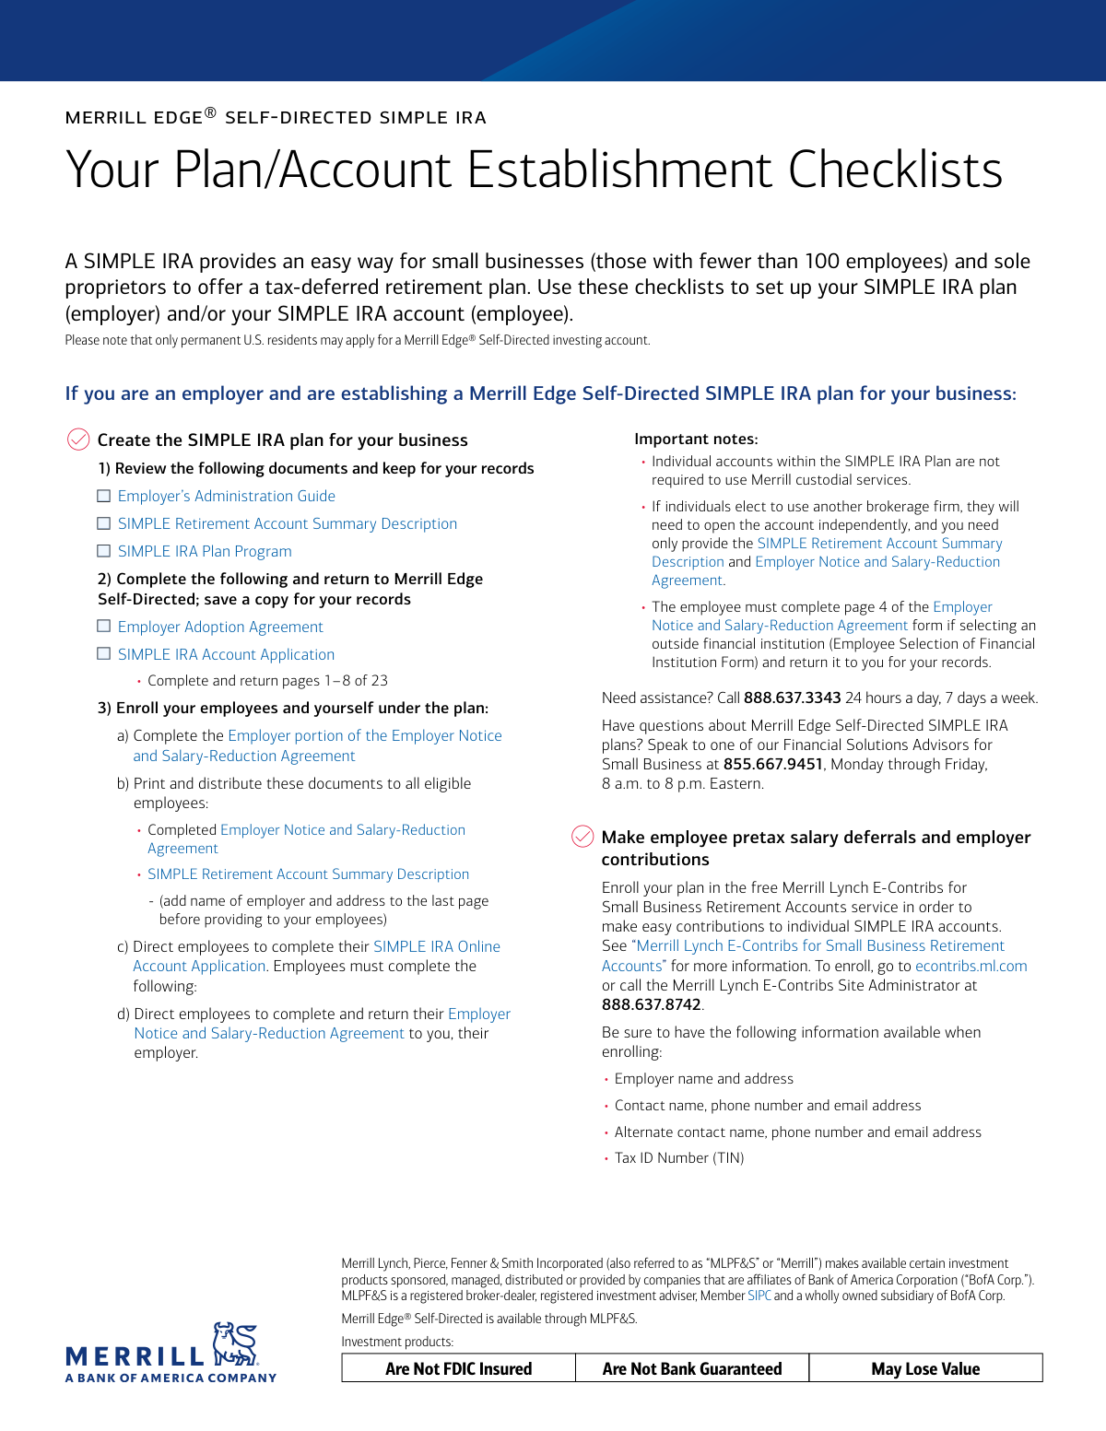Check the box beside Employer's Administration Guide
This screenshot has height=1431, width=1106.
[104, 497]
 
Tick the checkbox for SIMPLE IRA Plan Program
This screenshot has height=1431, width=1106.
[104, 552]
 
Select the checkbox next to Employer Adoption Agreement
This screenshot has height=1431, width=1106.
[104, 628]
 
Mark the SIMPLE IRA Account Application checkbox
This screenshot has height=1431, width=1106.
[104, 655]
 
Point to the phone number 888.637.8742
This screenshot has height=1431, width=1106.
[651, 1005]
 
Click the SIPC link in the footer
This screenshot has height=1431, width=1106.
[759, 1296]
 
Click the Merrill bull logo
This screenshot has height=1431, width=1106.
[235, 1345]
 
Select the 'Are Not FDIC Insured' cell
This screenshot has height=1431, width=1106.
[458, 1369]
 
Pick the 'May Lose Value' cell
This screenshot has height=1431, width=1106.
[925, 1369]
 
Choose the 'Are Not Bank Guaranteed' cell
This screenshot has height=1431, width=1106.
[692, 1369]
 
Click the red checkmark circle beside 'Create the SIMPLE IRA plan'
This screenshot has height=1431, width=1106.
[78, 440]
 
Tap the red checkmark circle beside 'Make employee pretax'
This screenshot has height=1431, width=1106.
[582, 837]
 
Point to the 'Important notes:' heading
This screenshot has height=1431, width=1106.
[696, 440]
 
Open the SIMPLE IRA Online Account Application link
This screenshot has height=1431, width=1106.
[436, 947]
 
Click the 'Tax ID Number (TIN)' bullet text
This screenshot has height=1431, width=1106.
[679, 1158]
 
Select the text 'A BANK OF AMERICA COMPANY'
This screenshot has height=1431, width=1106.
[171, 1378]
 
